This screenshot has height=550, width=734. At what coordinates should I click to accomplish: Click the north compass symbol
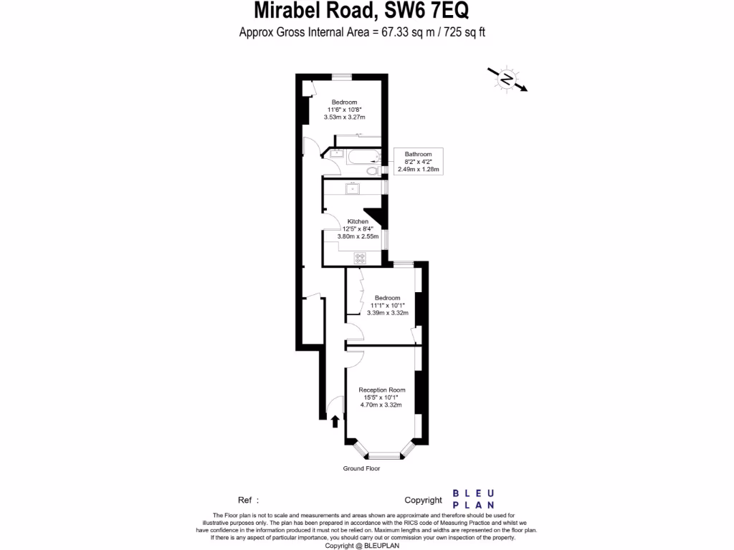(507, 79)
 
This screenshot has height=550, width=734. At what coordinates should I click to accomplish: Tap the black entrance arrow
(335, 422)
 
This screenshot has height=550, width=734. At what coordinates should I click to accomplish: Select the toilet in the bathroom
(371, 171)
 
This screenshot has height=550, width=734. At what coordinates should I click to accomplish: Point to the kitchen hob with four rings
(360, 258)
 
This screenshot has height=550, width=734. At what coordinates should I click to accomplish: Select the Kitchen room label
(358, 221)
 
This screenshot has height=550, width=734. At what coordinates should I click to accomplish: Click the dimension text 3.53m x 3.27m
(345, 117)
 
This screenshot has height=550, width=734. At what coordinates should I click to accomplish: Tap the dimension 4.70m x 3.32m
(380, 405)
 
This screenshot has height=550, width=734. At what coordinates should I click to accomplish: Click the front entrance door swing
(333, 407)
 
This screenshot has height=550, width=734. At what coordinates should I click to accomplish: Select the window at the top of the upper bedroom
(341, 76)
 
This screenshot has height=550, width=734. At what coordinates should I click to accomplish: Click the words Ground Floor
(361, 468)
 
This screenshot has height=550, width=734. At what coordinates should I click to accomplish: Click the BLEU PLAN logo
(473, 499)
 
